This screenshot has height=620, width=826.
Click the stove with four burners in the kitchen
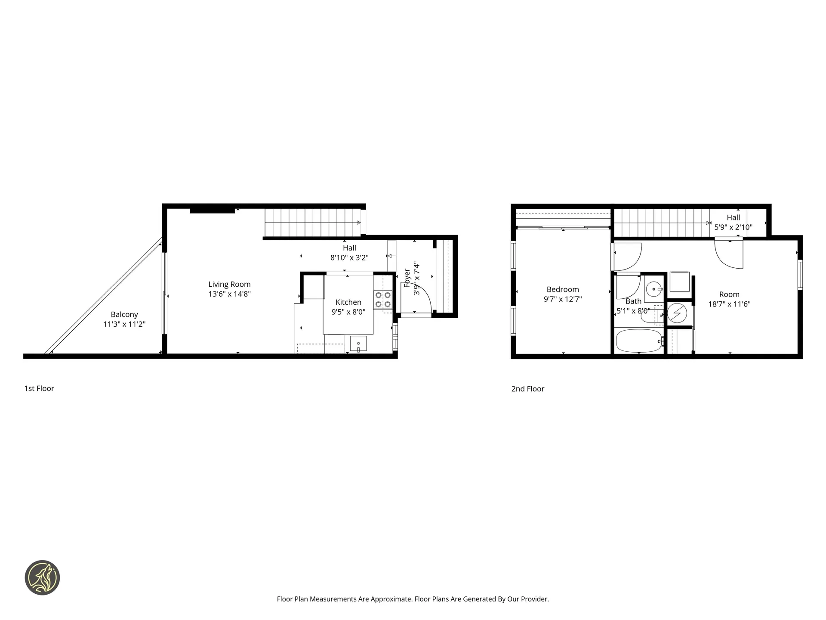(x=382, y=300)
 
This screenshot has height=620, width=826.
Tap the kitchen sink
(x=358, y=344)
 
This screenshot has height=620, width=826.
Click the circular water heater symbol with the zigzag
(x=677, y=313)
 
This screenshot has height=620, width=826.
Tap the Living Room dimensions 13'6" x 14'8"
(x=229, y=294)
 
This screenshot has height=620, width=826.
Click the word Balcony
(x=124, y=314)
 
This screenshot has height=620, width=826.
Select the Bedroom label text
(x=563, y=289)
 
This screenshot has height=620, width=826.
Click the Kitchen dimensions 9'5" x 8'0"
(x=348, y=312)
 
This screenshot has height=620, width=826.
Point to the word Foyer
(x=407, y=278)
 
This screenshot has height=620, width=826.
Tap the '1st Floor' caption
(x=39, y=388)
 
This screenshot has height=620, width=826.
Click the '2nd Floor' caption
(x=528, y=389)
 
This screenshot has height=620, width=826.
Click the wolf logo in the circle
(x=42, y=578)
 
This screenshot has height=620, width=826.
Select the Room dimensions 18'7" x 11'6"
(x=729, y=304)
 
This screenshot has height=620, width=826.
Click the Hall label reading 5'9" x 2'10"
(x=733, y=227)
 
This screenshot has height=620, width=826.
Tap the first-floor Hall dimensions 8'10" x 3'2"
(x=349, y=257)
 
